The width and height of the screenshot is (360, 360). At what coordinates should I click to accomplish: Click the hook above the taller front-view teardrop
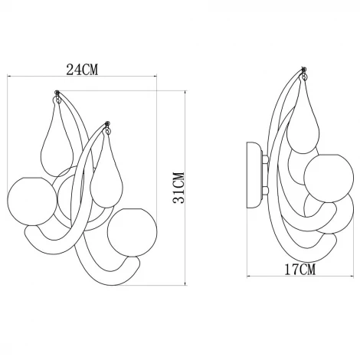click(58, 96)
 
